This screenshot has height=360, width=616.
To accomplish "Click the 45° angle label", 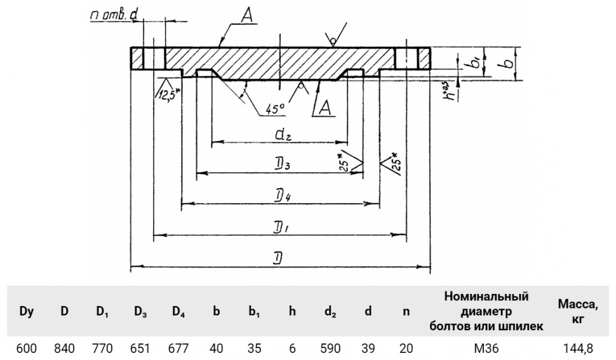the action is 275,109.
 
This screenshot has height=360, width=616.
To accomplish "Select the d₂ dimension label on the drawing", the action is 283,135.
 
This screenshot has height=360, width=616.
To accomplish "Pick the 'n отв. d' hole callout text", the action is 114,15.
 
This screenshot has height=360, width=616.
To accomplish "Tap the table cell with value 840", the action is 64,348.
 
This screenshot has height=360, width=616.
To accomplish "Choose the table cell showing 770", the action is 102,348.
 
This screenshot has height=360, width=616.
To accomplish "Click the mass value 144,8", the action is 577,348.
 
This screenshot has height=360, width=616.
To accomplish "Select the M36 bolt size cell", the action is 486,348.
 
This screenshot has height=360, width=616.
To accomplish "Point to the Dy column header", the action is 27,312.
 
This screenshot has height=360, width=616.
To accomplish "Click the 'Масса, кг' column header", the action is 578,311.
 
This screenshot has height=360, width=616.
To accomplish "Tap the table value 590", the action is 330,348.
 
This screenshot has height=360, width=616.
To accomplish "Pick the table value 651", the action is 140,348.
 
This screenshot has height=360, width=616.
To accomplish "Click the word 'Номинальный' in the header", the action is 486,297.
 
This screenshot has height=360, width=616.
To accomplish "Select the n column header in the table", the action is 406,312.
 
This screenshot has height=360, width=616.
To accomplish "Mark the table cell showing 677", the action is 178,348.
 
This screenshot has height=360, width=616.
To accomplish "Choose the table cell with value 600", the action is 27,348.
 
